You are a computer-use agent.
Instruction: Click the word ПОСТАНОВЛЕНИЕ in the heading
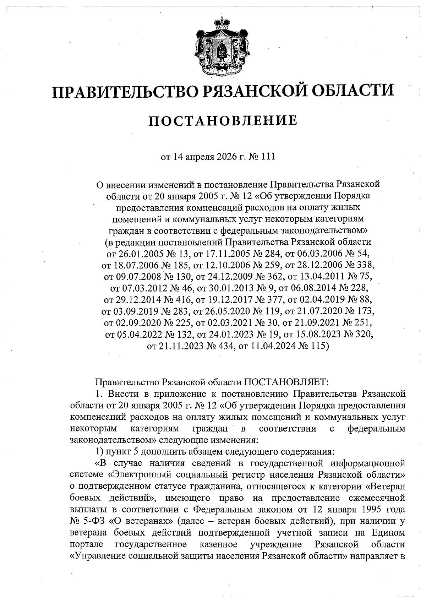click(x=223, y=120)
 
